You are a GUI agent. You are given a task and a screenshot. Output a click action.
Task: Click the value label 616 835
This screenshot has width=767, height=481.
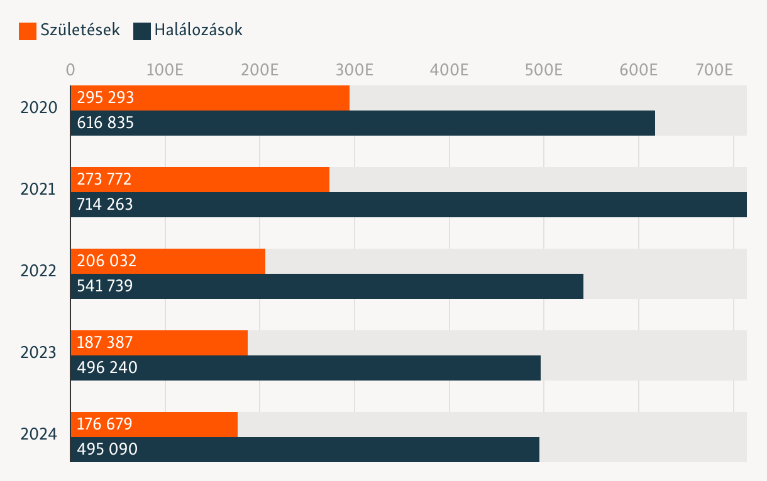tap(106, 123)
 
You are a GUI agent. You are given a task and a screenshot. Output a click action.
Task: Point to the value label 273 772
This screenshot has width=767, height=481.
tap(104, 180)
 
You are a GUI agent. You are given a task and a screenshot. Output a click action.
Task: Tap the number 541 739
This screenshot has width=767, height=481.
tap(105, 286)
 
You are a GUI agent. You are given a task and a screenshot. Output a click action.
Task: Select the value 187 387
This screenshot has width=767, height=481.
tap(105, 343)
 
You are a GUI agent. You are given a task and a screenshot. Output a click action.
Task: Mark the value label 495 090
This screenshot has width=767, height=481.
tap(107, 450)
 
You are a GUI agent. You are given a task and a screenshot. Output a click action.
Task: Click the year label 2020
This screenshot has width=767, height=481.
tap(39, 107)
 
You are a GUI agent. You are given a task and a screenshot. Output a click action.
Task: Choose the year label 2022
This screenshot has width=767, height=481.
tap(39, 271)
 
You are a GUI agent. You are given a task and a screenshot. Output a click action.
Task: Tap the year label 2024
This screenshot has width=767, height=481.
tap(39, 434)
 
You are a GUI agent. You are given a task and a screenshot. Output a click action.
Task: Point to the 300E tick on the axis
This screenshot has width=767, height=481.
tap(355, 69)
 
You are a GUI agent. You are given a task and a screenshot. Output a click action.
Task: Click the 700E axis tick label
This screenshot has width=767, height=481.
tap(714, 69)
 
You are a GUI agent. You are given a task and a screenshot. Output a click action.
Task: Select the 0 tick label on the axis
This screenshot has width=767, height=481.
tap(70, 69)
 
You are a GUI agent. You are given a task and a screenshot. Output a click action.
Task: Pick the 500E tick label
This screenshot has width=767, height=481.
tap(543, 69)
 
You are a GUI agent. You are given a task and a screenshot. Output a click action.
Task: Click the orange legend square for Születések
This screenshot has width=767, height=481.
tap(28, 31)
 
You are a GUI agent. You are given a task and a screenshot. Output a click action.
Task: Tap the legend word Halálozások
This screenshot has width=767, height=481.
tap(198, 30)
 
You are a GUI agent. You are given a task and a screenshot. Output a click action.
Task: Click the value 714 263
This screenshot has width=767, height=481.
tap(105, 205)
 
